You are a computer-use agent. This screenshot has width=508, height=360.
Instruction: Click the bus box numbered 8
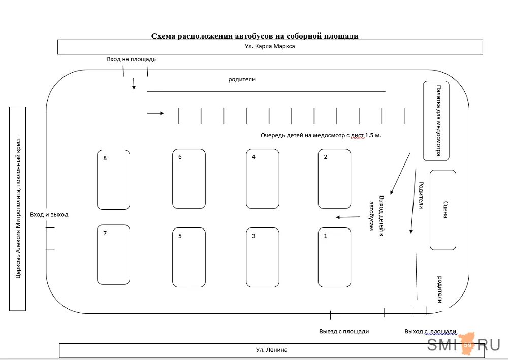pyautogui.click(x=113, y=180)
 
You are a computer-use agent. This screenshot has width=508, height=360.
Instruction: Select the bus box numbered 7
pyautogui.click(x=113, y=255)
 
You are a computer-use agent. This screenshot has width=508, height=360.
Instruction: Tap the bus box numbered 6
pyautogui.click(x=188, y=179)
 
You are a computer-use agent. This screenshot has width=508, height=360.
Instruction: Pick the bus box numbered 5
pyautogui.click(x=188, y=257)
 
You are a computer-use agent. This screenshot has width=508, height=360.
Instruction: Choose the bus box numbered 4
pyautogui.click(x=263, y=179)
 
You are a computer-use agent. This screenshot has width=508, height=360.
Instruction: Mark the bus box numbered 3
pyautogui.click(x=263, y=257)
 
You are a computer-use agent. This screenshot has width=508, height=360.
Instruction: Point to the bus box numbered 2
pyautogui.click(x=334, y=179)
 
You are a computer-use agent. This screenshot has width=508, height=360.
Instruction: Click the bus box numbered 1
pyautogui.click(x=334, y=257)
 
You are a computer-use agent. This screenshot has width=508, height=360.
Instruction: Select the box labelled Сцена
pyautogui.click(x=443, y=210)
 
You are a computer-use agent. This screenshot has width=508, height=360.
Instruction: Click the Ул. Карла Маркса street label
pyautogui.click(x=270, y=46)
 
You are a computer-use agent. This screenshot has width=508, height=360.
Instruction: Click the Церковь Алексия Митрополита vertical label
pyautogui.click(x=18, y=208)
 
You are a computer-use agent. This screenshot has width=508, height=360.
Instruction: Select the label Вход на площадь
pyautogui.click(x=131, y=59)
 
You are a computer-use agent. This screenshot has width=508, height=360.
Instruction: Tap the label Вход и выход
pyautogui.click(x=49, y=215)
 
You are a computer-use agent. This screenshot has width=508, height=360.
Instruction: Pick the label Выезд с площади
pyautogui.click(x=344, y=331)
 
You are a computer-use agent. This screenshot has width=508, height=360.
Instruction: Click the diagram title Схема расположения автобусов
pyautogui.click(x=255, y=36)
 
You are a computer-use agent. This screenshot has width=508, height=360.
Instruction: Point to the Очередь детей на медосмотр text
pyautogui.click(x=321, y=136)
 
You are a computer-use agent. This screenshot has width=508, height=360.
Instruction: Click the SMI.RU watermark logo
pyautogui.click(x=463, y=345)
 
